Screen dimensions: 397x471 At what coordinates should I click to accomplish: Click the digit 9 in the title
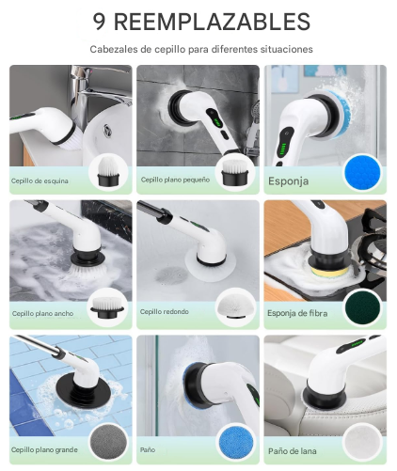99,22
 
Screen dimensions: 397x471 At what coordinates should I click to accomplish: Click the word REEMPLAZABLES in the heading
212,22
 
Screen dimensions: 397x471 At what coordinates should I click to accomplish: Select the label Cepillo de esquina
40,181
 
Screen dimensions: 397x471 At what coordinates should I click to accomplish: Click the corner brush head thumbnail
108,172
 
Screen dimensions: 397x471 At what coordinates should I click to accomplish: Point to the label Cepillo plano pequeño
175,180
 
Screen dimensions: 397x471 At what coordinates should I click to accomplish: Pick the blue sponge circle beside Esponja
362,173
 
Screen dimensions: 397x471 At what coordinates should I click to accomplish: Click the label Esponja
288,181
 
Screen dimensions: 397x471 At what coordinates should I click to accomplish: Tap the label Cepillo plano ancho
42,313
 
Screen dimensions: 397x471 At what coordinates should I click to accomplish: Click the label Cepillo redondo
165,311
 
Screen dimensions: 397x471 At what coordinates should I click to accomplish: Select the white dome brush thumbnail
235,307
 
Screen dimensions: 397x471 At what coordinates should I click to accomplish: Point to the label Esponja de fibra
297,313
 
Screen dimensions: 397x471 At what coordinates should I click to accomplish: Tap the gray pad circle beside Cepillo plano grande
108,443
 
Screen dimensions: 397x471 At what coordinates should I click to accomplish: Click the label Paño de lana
292,451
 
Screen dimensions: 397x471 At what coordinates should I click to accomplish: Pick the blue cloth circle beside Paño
236,443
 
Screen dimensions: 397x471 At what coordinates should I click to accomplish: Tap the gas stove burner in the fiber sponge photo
371,248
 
